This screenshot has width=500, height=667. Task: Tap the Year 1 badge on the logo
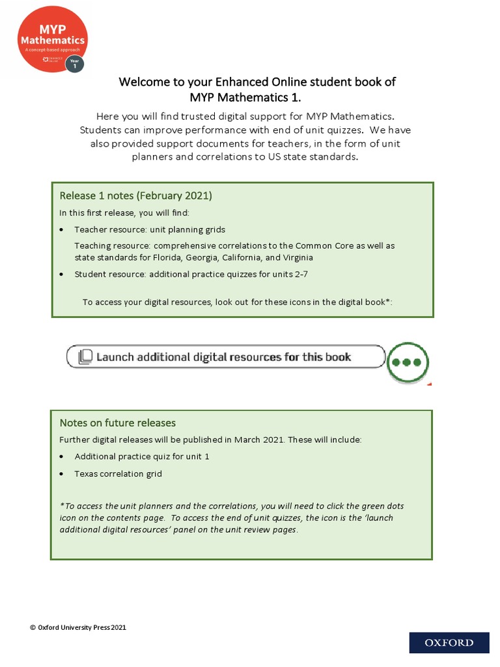[75, 63]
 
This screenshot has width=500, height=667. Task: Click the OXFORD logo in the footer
[449, 643]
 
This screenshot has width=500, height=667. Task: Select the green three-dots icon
[408, 362]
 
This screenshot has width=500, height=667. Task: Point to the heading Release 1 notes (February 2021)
[136, 195]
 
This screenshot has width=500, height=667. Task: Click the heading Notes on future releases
[118, 423]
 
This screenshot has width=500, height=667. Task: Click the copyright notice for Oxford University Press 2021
[78, 627]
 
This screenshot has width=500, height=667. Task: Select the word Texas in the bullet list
[85, 474]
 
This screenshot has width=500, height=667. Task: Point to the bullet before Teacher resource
[61, 230]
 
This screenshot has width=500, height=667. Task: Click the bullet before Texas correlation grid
[61, 474]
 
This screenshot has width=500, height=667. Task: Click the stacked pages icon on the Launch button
[85, 357]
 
